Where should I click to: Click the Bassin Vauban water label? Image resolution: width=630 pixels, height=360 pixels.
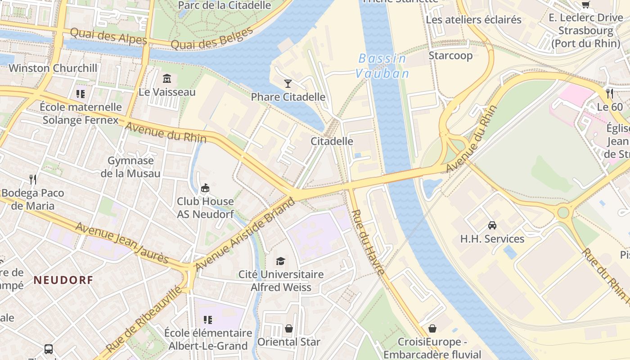point(382,66)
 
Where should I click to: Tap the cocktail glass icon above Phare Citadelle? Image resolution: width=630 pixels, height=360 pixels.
point(288,83)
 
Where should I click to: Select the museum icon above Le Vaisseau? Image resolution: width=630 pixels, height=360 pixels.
point(167,79)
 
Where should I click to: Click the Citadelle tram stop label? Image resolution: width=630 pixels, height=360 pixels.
point(332,141)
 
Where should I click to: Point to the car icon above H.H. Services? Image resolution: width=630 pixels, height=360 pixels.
point(492,225)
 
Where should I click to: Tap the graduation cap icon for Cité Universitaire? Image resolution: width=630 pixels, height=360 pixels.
point(281,261)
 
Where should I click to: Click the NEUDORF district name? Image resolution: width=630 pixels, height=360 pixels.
point(63,280)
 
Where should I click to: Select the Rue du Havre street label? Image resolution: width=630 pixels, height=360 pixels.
point(368,242)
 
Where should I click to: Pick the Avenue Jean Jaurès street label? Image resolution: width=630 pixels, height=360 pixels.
point(122,243)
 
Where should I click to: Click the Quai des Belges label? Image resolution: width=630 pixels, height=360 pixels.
point(212,39)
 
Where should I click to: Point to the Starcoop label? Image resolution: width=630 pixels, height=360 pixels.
point(450,55)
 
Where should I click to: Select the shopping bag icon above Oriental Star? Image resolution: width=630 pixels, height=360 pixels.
point(288,328)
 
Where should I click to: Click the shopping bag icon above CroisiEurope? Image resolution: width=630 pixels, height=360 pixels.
point(432,328)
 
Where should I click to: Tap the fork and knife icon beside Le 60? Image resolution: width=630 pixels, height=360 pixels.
point(610,93)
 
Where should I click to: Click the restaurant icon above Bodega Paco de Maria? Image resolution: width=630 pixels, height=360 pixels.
point(33,180)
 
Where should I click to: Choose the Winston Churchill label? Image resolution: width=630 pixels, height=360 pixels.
point(53,68)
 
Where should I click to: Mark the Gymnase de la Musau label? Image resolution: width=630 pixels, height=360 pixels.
point(130,167)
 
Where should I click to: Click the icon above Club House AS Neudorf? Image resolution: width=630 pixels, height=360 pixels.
point(205,188)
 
